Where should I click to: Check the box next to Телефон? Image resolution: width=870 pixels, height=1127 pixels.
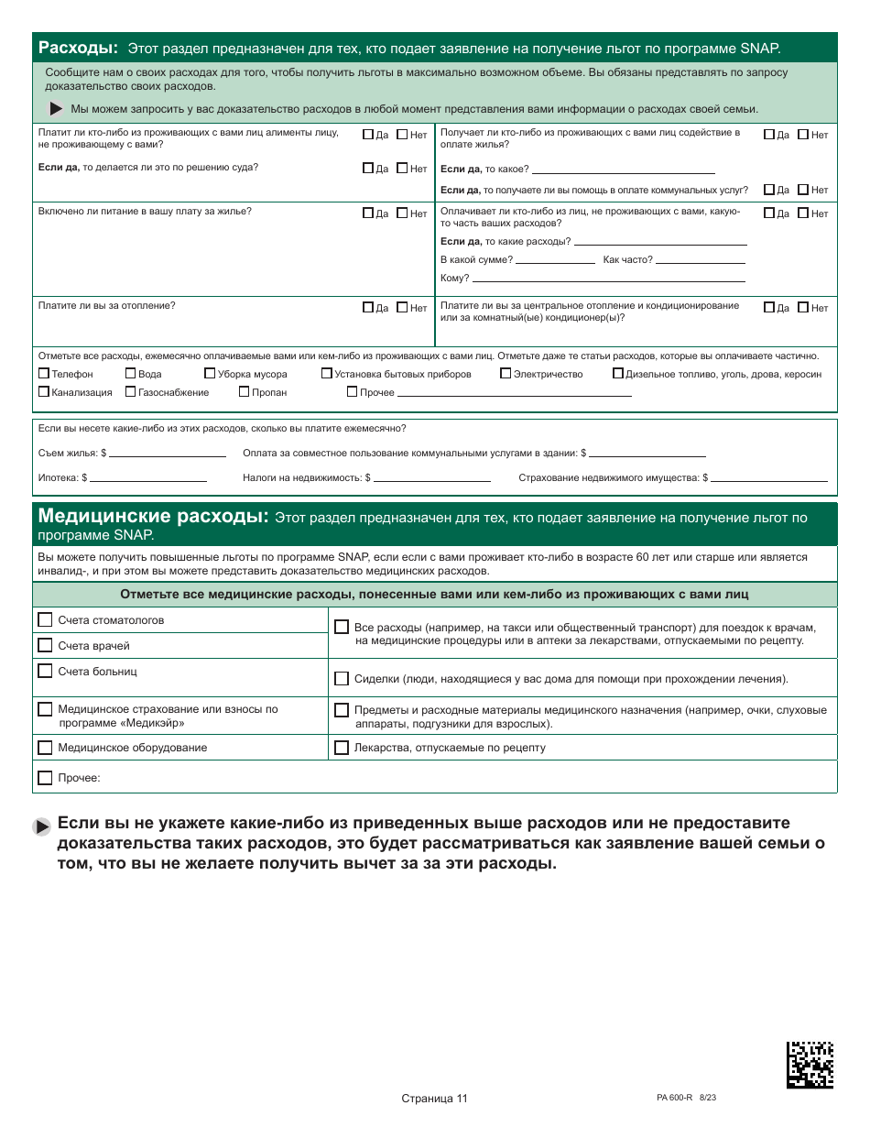tap(44, 374)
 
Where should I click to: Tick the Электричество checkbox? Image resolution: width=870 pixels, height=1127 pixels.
tap(506, 374)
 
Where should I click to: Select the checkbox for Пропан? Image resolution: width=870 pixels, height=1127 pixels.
tap(245, 392)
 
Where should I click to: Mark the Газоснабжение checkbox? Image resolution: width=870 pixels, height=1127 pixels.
tap(131, 392)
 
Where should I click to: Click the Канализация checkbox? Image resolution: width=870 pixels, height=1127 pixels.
tap(44, 392)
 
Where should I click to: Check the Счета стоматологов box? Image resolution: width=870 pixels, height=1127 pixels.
tap(45, 620)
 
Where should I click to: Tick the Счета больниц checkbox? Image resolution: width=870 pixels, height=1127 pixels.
tap(45, 672)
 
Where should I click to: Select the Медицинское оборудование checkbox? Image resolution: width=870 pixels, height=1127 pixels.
tap(45, 748)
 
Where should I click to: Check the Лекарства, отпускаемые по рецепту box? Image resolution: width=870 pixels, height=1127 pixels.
tap(342, 748)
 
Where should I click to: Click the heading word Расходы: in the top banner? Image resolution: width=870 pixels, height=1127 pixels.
tap(78, 48)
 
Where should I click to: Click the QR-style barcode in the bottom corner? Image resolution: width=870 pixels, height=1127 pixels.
tap(810, 1064)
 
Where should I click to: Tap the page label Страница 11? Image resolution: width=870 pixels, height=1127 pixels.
tap(434, 1099)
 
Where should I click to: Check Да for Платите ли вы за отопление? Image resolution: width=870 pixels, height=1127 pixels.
tap(368, 308)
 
